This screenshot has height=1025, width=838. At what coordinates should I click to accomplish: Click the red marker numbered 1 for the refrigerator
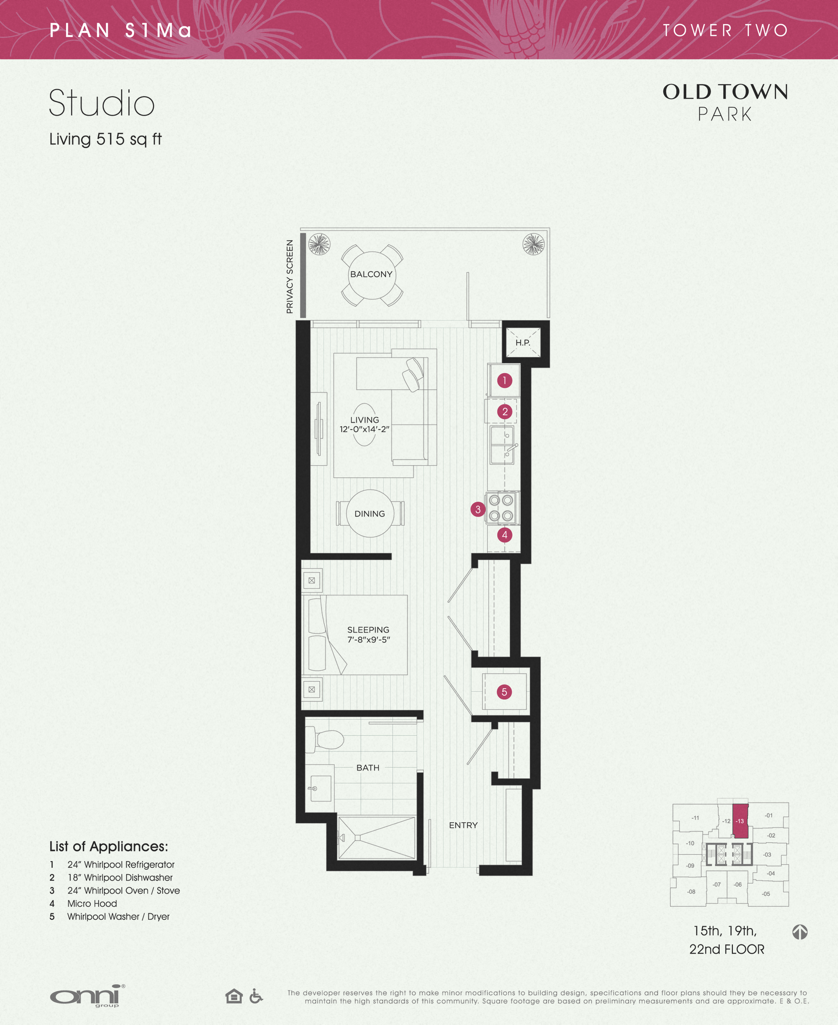click(x=505, y=380)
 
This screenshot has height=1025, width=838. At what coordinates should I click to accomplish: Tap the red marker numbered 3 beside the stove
click(x=478, y=509)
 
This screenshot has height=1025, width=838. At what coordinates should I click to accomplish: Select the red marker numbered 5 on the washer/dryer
click(x=504, y=692)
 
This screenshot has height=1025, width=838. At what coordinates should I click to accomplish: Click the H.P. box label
click(x=522, y=343)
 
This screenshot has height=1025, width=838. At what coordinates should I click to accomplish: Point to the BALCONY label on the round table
click(x=371, y=274)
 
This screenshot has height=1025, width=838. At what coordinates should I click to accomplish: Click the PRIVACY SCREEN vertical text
click(x=290, y=276)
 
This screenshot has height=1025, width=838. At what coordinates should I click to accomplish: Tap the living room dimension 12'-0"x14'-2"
click(x=364, y=429)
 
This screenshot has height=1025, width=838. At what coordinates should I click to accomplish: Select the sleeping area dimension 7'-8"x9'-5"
click(x=368, y=640)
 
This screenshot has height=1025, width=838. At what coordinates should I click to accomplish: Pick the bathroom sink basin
click(x=321, y=788)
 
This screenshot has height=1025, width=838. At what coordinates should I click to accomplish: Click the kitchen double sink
click(x=502, y=445)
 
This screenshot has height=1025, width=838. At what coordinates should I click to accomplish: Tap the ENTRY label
click(x=463, y=825)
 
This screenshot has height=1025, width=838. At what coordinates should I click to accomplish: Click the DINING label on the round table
click(x=370, y=514)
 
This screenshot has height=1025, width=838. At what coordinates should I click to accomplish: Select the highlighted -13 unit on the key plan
click(x=740, y=821)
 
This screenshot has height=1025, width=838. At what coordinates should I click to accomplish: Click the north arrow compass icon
click(x=800, y=931)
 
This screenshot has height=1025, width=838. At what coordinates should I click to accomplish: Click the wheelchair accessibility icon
click(x=256, y=996)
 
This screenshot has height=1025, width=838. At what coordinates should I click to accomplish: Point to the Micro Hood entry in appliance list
click(x=92, y=903)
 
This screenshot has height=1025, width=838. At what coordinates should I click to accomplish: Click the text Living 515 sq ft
click(x=105, y=139)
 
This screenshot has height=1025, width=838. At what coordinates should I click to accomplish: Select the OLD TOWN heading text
click(x=725, y=92)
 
